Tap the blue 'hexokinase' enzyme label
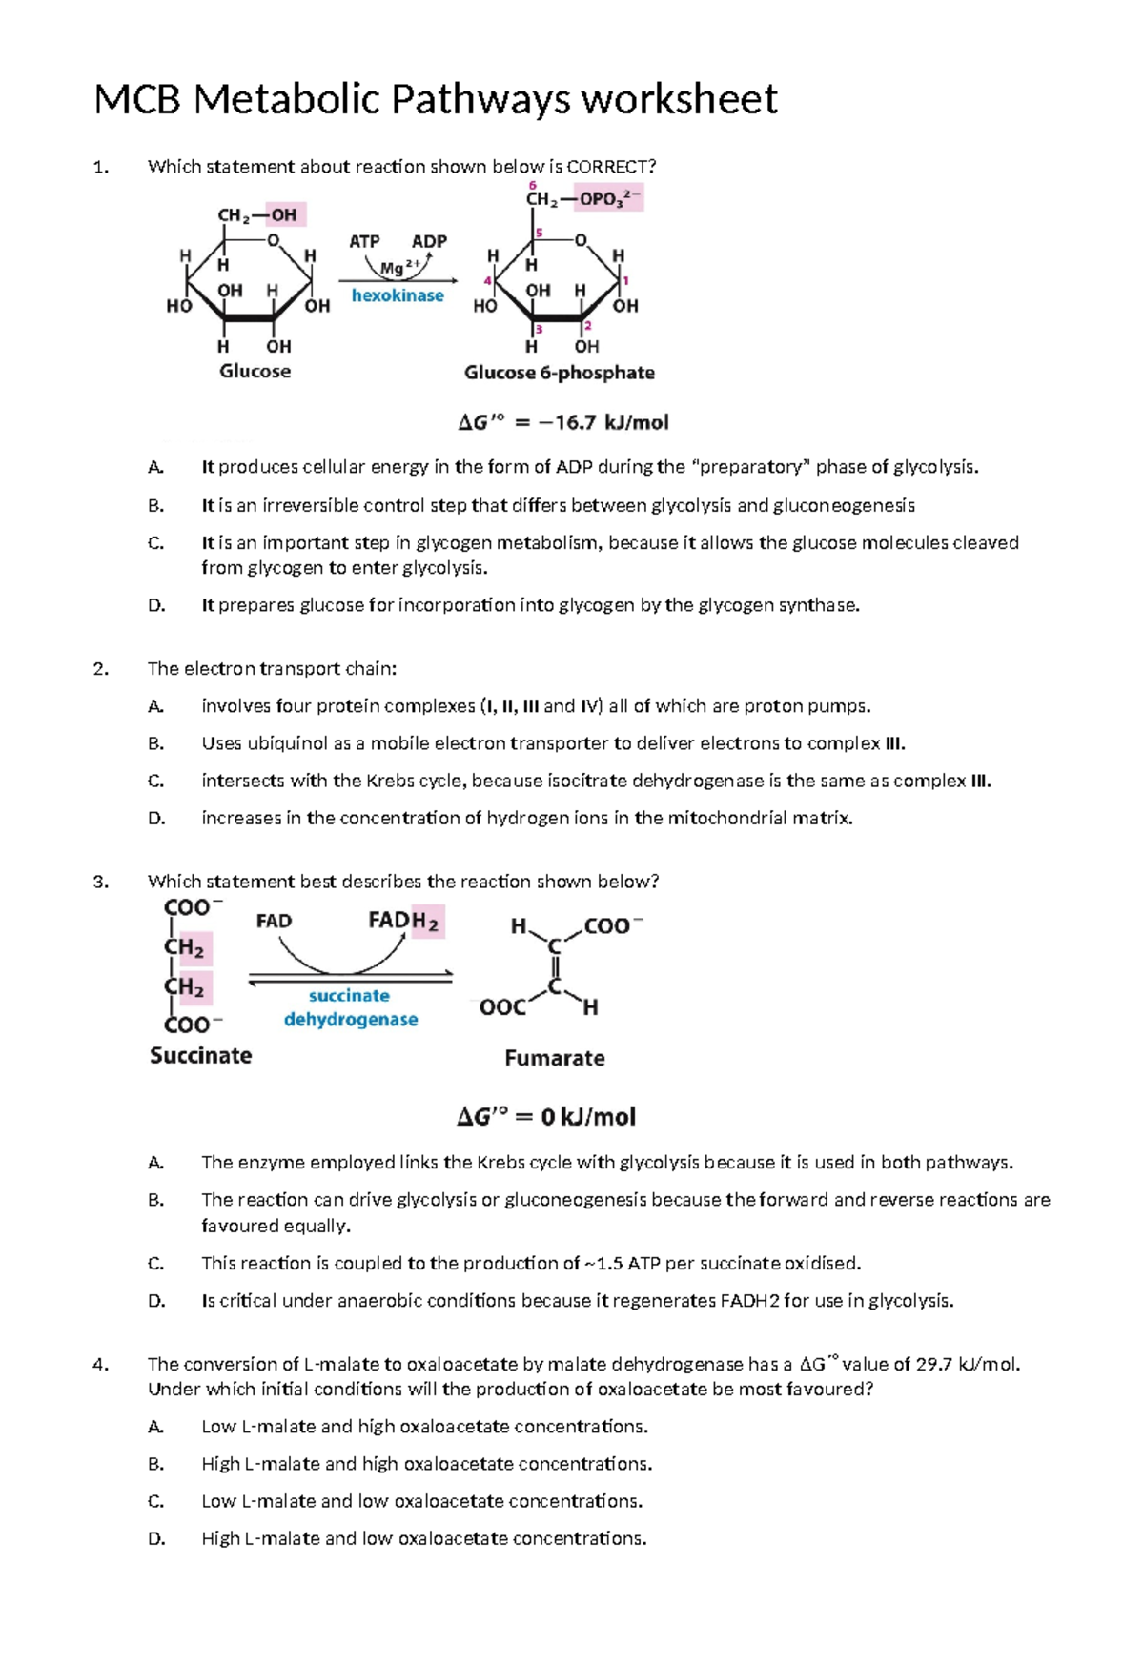pos(398,295)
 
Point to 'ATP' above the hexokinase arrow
pos(364,241)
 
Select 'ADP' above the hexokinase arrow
pos(429,241)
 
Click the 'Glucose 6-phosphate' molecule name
pos(559,373)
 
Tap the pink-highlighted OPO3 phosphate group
pos(610,199)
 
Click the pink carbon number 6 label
pos(532,185)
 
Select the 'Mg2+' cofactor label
pos(398,267)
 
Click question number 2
pos(100,669)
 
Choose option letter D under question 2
pos(156,818)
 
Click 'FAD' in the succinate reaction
pos(274,921)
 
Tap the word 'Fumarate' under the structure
pos(554,1058)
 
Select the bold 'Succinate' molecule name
pos(201,1055)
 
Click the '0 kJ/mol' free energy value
pos(587,1116)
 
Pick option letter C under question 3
pos(156,1264)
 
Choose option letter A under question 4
pos(156,1427)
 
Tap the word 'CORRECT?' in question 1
pos(611,167)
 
